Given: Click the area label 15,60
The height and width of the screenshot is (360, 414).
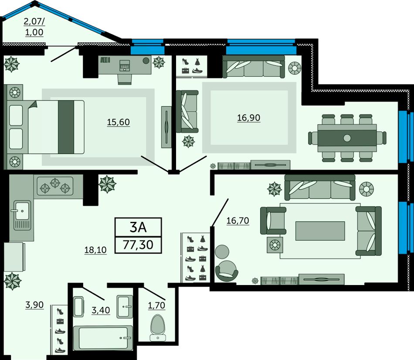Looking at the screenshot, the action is click(118, 122).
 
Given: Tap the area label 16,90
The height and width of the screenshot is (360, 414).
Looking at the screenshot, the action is click(248, 118).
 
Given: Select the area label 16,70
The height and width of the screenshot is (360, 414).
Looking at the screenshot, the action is click(238, 220).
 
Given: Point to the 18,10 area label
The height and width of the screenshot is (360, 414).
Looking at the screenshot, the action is click(95, 250).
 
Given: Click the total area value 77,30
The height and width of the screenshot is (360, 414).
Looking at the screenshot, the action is click(138, 245).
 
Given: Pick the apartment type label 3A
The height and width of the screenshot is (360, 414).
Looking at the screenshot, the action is click(138, 227).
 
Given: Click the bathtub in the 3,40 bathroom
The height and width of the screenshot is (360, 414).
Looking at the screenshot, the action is click(103, 338).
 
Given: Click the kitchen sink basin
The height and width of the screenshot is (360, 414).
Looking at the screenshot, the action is click(22, 210).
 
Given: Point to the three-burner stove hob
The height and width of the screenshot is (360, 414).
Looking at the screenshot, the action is click(55, 186).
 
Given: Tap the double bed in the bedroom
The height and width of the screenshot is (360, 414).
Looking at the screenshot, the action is click(45, 127).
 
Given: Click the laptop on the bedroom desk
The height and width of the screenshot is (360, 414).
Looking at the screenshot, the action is click(125, 65).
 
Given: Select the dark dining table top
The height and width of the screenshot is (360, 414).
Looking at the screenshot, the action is click(347, 138).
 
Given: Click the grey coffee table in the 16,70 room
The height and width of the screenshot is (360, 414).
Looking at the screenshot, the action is click(320, 231).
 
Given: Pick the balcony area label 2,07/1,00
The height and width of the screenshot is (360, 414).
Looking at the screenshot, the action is click(34, 27).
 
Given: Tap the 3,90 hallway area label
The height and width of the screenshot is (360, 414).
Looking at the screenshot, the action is click(34, 305).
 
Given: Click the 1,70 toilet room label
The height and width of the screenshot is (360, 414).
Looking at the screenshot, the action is click(156, 306).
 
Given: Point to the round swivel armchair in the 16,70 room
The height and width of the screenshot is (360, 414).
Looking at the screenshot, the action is click(227, 271).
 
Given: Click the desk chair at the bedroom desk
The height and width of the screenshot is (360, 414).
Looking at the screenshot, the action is click(125, 78).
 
